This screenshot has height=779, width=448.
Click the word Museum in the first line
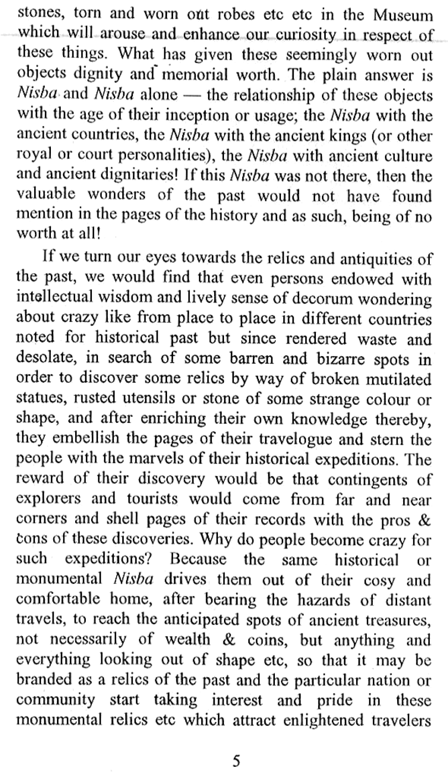[403, 15]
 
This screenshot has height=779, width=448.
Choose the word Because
[198, 559]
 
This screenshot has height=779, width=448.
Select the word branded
[43, 680]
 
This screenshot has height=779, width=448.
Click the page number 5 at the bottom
[236, 762]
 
